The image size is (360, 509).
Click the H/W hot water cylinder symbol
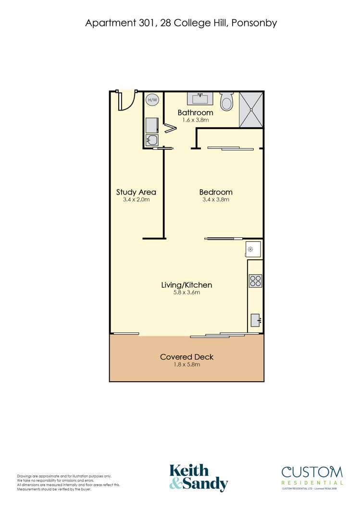point(152,100)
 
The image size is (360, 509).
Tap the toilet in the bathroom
point(226,101)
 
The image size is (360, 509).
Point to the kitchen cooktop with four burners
point(255,281)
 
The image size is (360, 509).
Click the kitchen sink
point(255,319)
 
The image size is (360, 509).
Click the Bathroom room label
point(195,113)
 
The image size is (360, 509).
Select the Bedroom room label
point(216,192)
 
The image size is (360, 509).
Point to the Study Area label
point(136,192)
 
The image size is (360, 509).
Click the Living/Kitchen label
point(186,285)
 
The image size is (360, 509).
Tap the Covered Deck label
point(186,357)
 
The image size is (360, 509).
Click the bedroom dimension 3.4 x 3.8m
point(216,200)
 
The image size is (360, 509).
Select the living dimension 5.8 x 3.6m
point(186,292)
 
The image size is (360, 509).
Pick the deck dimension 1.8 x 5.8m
point(186,364)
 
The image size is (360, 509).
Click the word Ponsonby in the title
point(254,23)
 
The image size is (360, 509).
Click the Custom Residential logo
point(312,476)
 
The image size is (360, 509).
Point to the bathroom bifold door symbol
point(170,128)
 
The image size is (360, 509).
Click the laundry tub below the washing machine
point(152,140)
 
